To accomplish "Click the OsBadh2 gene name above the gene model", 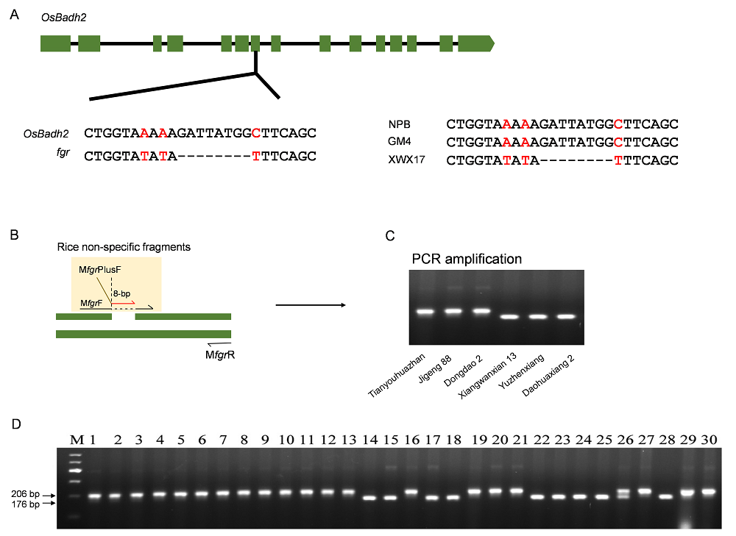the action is click(64, 18).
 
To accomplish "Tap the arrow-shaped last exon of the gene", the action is click(476, 43).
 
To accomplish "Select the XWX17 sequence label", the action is click(406, 160).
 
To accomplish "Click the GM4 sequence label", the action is click(400, 141).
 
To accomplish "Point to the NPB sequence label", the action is click(400, 124).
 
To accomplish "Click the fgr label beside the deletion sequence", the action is click(63, 152).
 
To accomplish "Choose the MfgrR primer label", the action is click(220, 355).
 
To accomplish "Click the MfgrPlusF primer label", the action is click(100, 270).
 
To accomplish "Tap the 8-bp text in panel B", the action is click(121, 293).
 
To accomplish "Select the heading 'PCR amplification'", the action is click(467, 259).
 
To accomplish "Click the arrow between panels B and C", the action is click(311, 305).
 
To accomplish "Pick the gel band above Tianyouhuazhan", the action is click(425, 312).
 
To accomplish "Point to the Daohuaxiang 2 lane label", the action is click(548, 376).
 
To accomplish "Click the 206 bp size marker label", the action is click(25, 494).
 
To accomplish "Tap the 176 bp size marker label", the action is click(25, 504).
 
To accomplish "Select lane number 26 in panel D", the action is click(625, 440).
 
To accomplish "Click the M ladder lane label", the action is click(77, 440).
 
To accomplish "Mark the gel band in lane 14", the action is click(370, 498).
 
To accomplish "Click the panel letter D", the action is click(16, 424).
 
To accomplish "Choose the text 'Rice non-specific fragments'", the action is click(124, 247).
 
